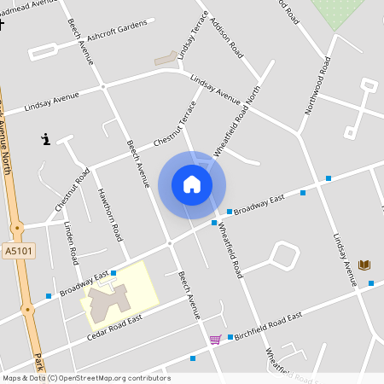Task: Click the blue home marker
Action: click(x=192, y=184)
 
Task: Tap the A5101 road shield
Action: click(x=18, y=251)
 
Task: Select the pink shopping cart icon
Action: click(x=215, y=340)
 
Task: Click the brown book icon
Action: click(x=364, y=265)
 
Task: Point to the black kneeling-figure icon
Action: click(x=46, y=139)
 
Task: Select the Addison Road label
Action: click(x=226, y=34)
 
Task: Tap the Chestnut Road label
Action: click(x=73, y=189)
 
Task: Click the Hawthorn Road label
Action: click(x=110, y=214)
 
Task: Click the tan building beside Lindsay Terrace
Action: click(x=166, y=59)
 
